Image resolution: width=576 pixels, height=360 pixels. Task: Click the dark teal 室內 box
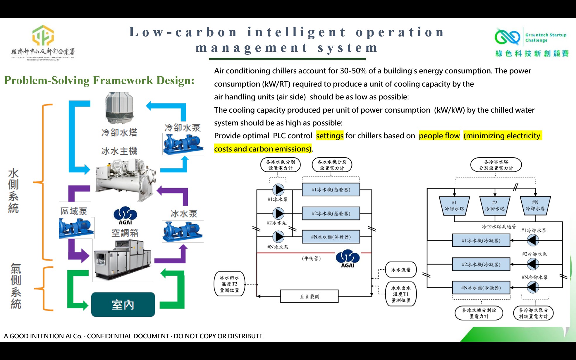pos(123,305)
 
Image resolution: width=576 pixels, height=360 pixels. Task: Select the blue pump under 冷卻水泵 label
pos(183,144)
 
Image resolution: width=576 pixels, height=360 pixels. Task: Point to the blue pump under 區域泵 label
pos(76,228)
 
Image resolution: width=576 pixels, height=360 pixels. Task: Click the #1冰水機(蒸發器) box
pos(331,190)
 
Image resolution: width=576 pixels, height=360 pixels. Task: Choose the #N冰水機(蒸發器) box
pos(331,237)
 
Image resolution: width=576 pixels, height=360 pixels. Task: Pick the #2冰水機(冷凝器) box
pos(481,264)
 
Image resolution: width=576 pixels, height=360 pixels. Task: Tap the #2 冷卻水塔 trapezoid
pos(495,206)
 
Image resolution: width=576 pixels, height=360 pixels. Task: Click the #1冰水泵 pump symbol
pos(278,190)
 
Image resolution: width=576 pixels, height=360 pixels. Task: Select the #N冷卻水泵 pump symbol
pos(533,287)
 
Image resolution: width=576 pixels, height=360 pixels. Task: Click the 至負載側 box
pos(310,296)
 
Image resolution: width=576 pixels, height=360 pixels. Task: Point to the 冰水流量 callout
pos(401,270)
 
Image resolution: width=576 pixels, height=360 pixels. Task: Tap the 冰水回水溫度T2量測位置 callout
pos(229,284)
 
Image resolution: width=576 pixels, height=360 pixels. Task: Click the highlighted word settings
pos(330,136)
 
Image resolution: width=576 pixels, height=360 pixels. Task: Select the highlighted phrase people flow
pos(439,136)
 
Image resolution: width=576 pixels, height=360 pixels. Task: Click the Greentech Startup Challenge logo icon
pos(507,37)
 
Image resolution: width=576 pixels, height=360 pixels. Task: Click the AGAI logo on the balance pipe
pos(348,259)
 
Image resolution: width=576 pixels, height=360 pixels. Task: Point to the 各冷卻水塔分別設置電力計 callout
pos(496,165)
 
